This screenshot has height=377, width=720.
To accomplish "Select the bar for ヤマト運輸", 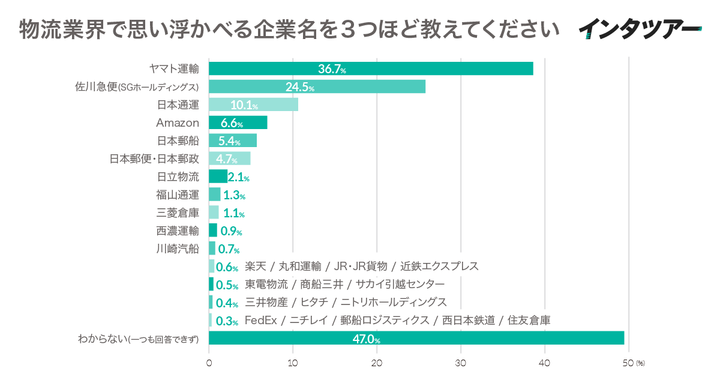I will coord(370,69).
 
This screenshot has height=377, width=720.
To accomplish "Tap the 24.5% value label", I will coord(300,88).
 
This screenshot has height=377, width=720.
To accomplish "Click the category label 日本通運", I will coord(178,105).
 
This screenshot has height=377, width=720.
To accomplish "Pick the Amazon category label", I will coord(177,123).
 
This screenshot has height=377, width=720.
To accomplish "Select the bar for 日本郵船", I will coord(232,141).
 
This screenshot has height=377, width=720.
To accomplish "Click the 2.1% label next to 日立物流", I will coord(238,178).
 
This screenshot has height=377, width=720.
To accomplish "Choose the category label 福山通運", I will coord(178,195).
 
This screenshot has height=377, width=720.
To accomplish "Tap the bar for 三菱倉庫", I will coord(214,213).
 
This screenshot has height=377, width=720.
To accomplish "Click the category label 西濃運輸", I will coord(178,231).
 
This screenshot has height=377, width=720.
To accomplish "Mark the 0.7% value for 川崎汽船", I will coord(229,249).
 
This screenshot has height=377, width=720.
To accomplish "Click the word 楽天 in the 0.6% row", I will coord(255,266).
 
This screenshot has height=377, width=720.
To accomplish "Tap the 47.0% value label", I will coord(366,339).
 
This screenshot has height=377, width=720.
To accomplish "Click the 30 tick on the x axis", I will coord(461,363).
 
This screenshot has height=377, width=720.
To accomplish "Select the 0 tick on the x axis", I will coord(209,363).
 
